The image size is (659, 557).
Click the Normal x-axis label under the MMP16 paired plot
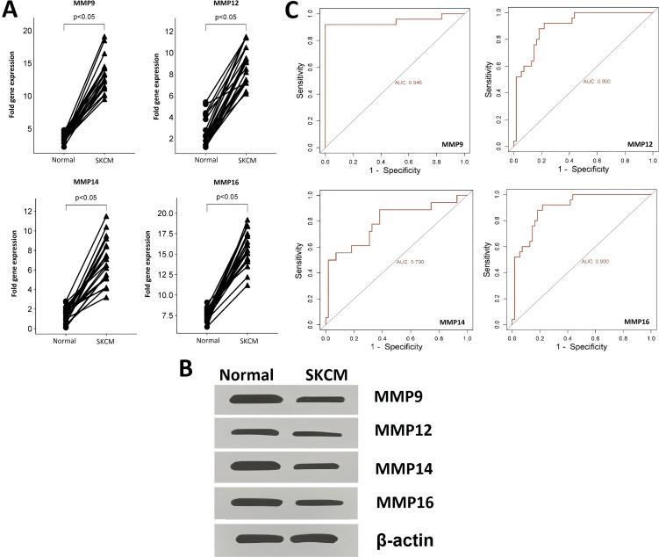pos(205,340)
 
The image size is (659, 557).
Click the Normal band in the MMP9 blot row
pos(254,401)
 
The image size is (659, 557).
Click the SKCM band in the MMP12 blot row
pos(312,433)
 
